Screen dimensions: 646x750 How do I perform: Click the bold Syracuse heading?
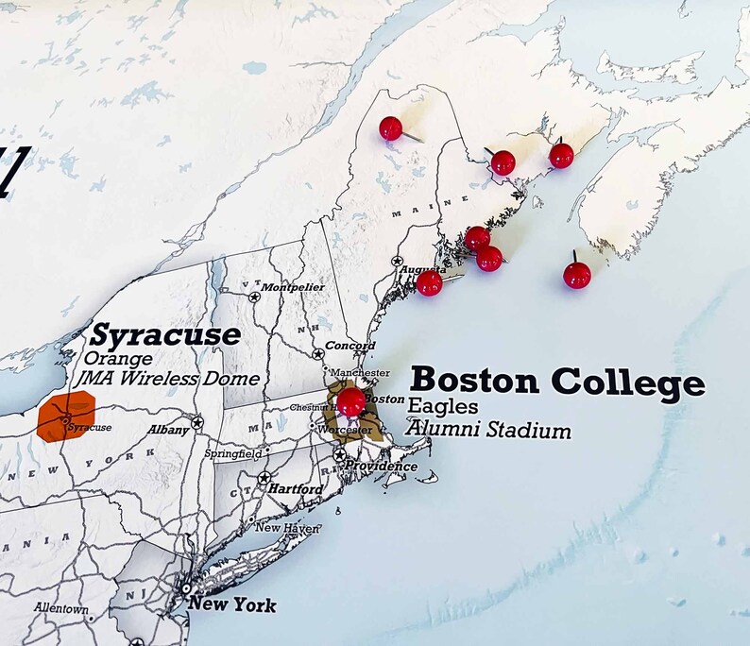[x=165, y=335]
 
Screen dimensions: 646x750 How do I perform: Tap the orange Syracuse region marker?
[x=68, y=418]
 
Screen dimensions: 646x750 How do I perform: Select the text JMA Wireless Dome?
[x=171, y=379]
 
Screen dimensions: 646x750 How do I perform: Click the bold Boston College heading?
[x=557, y=382]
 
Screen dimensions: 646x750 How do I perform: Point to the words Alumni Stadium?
[x=488, y=431]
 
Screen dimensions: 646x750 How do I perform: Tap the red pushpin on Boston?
[x=351, y=401]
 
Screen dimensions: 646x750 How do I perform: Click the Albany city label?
[x=168, y=430]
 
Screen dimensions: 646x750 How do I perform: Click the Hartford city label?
[x=295, y=489]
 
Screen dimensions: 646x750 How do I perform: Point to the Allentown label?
[x=61, y=609]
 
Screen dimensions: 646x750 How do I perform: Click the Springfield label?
[x=232, y=454]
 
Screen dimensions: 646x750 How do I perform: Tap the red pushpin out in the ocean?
[x=577, y=275]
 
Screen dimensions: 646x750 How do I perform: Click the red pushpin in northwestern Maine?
[x=390, y=127]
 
